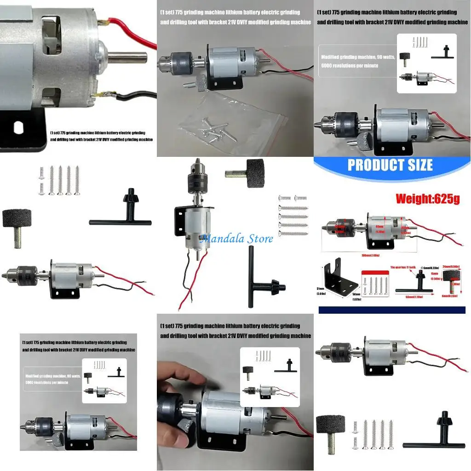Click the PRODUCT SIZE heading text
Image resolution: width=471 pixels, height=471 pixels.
click(390, 165)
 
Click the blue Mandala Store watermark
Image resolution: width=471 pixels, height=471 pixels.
click(236, 238)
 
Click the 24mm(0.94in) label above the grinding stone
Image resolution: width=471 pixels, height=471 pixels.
click(453, 266)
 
